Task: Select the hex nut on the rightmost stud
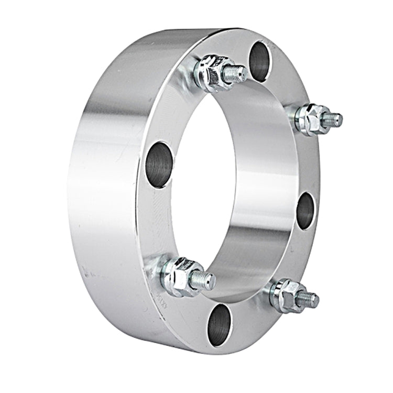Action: pos(310,119)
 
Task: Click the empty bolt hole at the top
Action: pos(259,61)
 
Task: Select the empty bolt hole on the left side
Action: pos(159,164)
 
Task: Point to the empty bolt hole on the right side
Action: pos(305,211)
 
